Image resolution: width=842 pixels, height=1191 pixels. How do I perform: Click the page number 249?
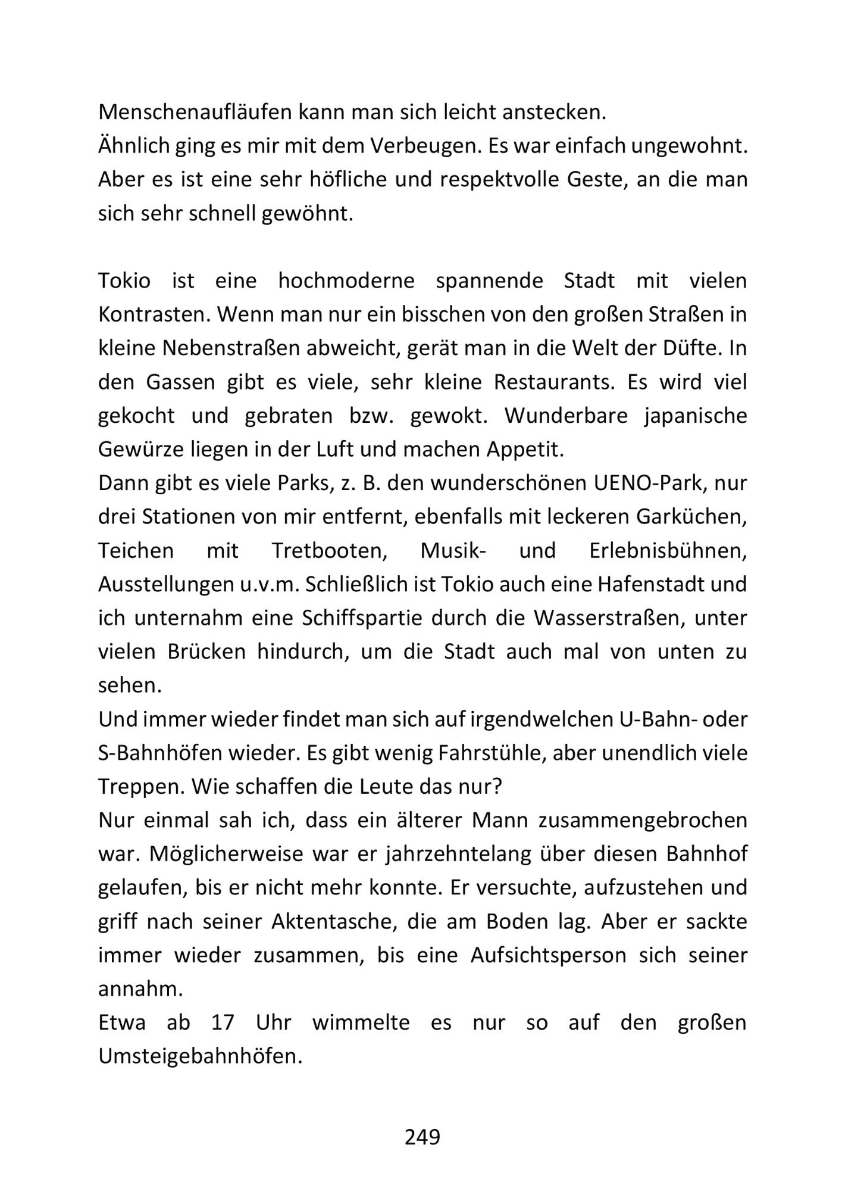pyautogui.click(x=422, y=1137)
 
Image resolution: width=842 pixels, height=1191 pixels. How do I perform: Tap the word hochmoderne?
pyautogui.click(x=346, y=280)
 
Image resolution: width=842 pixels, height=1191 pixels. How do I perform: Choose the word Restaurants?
pyautogui.click(x=553, y=382)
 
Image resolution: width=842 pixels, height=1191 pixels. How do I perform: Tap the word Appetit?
pyautogui.click(x=525, y=449)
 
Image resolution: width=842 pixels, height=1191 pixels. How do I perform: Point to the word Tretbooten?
pyautogui.click(x=330, y=550)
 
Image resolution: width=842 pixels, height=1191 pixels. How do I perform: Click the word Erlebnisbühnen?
pyautogui.click(x=668, y=550)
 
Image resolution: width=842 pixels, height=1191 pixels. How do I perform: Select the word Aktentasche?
pyautogui.click(x=334, y=921)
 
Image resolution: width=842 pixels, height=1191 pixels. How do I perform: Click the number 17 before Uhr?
pyautogui.click(x=223, y=1023)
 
